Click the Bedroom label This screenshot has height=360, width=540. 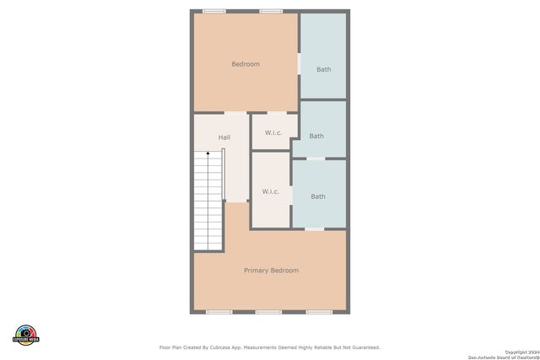coord(246,64)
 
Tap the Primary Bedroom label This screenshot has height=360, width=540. coord(271,271)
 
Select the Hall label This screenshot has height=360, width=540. coord(224,137)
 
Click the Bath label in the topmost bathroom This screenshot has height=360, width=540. coord(324,69)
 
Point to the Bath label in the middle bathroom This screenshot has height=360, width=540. coord(316,136)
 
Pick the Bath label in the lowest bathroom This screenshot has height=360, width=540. coord(318,196)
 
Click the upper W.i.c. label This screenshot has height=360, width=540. coord(273,132)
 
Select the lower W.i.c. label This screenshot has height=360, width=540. coord(270,191)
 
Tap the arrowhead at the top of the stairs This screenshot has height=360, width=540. coord(208,153)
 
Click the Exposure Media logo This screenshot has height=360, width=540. coord(26,334)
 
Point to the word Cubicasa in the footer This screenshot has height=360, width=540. coord(222,347)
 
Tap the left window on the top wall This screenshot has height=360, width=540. coord(214,11)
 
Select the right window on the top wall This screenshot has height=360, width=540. coord(271,11)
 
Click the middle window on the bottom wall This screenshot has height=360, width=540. coord(268,312)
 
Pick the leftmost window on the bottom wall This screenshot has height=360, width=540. coord(219,312)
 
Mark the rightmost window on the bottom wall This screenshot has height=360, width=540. coord(318,312)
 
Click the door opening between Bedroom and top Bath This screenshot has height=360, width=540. coord(299,64)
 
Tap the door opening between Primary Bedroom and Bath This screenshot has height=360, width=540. coord(314,228)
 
